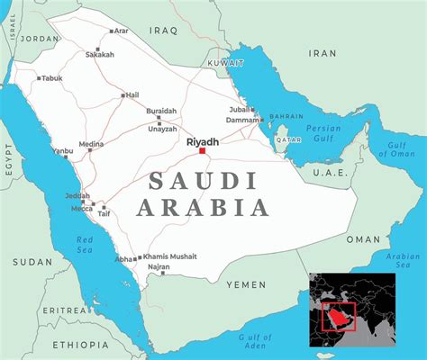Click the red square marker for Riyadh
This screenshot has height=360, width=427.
click(202, 151)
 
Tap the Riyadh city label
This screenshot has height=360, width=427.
click(202, 141)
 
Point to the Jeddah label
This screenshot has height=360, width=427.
click(77, 196)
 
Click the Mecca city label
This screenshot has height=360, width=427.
click(80, 209)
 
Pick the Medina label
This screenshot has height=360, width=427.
click(91, 144)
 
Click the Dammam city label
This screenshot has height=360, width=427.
click(242, 120)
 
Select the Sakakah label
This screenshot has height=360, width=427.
click(99, 54)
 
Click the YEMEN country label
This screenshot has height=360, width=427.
click(245, 284)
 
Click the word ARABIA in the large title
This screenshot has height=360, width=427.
click(205, 209)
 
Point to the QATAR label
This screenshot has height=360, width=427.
click(288, 140)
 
